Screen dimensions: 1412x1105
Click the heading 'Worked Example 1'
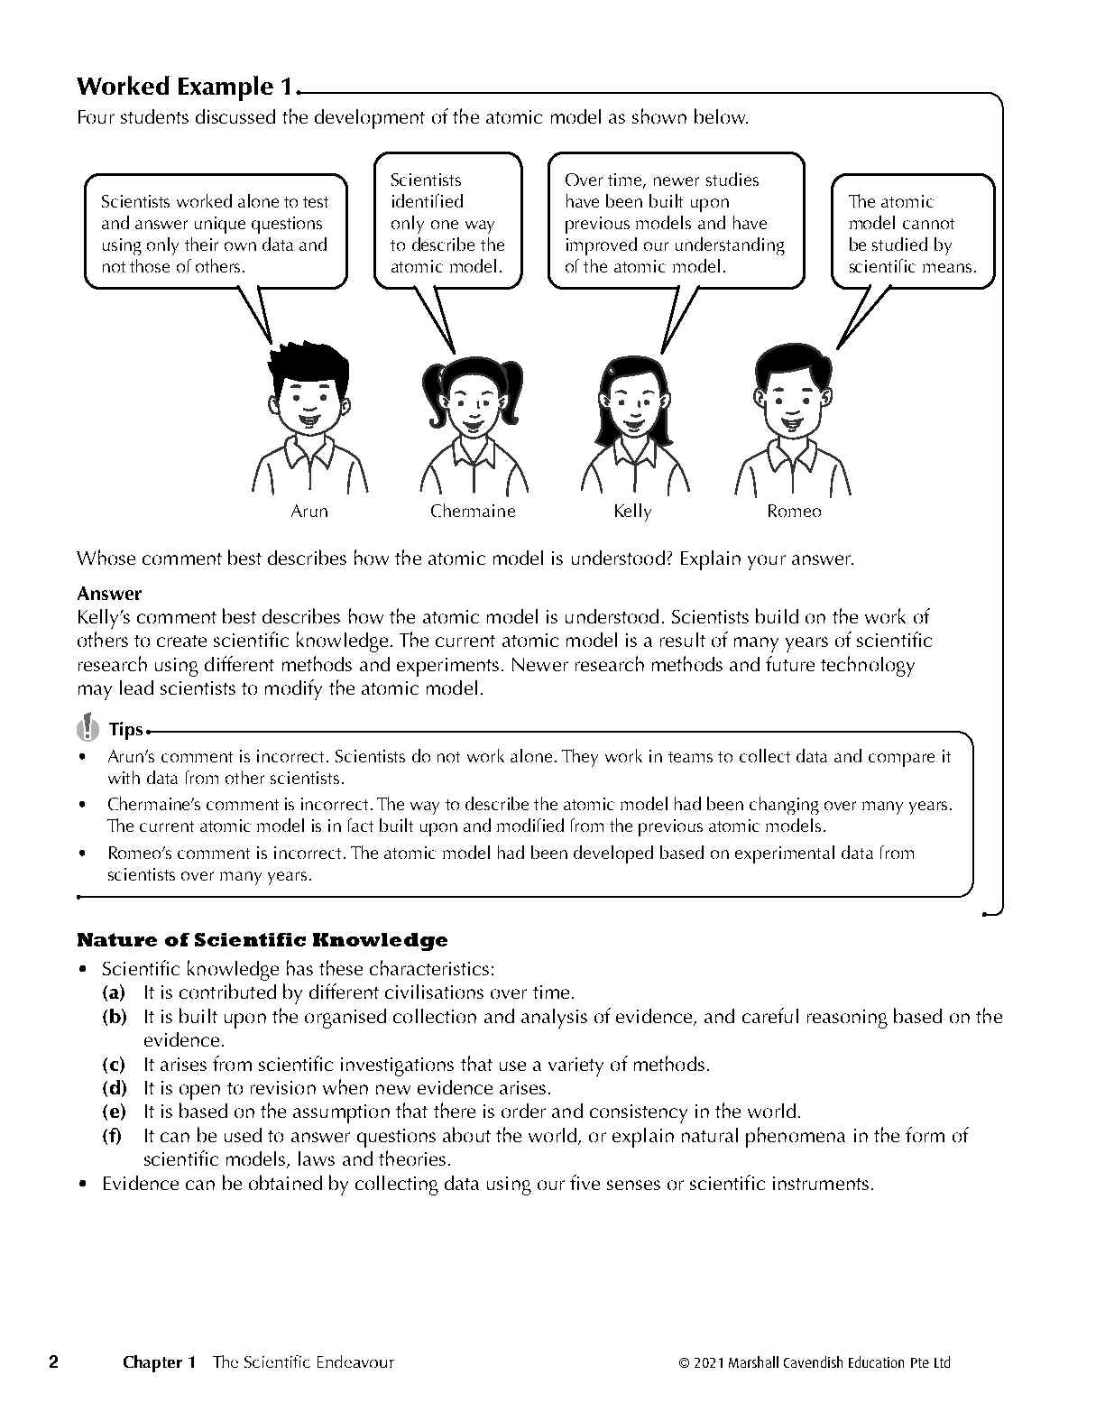[x=185, y=87]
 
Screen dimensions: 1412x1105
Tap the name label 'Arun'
[x=309, y=512]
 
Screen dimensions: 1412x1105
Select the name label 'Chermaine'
[x=473, y=512]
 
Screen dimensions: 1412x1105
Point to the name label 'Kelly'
[x=632, y=512]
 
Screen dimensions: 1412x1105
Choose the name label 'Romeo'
[x=794, y=512]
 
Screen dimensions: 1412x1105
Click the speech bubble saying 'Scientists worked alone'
[x=215, y=234]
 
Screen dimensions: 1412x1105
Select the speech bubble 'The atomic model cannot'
[x=912, y=234]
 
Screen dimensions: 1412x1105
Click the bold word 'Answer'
[x=109, y=594]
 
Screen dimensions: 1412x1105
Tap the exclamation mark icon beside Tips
[x=87, y=726]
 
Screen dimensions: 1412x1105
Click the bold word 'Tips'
[x=125, y=730]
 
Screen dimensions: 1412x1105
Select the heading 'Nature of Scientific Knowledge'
[x=262, y=940]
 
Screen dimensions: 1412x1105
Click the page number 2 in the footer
[x=53, y=1362]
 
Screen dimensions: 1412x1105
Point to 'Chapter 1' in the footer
[x=159, y=1362]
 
